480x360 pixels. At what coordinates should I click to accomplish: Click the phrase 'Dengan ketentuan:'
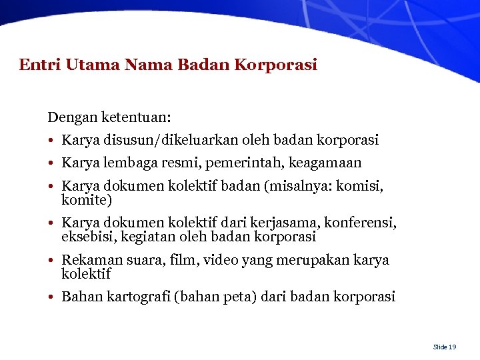(x=109, y=118)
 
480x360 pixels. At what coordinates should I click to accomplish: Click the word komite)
(x=87, y=200)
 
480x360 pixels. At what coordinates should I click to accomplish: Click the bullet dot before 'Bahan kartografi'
(x=51, y=297)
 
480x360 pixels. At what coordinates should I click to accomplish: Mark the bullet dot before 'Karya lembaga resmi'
(x=51, y=163)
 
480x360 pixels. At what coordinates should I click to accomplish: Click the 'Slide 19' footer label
(x=444, y=347)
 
